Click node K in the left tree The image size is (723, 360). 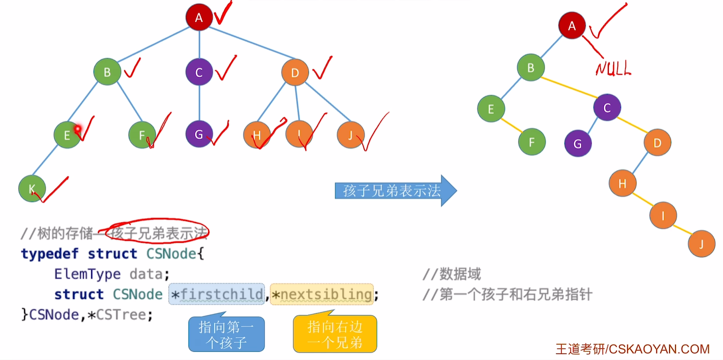32,188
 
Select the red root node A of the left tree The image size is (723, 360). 199,18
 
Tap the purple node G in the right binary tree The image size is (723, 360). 577,144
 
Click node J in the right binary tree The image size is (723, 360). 701,244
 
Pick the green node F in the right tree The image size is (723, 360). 532,143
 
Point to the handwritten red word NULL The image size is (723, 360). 613,69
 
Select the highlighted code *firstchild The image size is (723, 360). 217,294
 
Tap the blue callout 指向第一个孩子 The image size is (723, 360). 226,334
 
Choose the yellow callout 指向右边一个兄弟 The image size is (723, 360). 335,334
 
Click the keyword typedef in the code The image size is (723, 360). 50,254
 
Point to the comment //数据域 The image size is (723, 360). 451,274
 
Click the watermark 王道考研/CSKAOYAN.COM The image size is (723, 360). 632,349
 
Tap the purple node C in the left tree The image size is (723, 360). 199,73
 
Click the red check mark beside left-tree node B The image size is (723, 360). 132,69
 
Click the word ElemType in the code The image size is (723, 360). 87,274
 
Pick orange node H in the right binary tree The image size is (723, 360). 622,183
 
